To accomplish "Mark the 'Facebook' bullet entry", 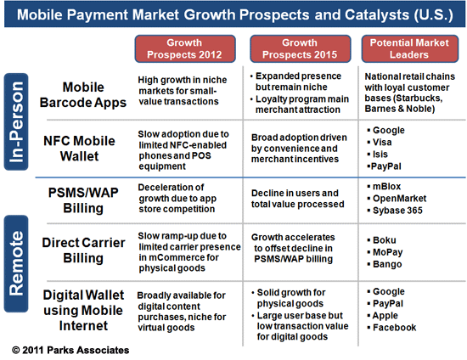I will [x=396, y=328].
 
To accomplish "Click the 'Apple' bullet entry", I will [x=388, y=315].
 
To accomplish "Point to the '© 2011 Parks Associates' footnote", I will [x=72, y=348].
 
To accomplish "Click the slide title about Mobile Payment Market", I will [x=233, y=14].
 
